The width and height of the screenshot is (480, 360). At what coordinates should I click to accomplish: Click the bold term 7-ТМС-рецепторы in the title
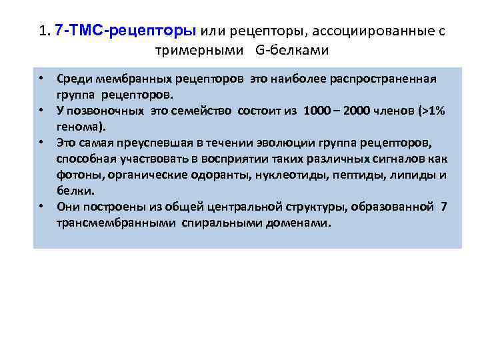[126, 31]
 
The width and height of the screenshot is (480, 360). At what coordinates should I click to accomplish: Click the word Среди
[75, 79]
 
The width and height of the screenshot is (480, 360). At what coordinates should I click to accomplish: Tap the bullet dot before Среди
[41, 79]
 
